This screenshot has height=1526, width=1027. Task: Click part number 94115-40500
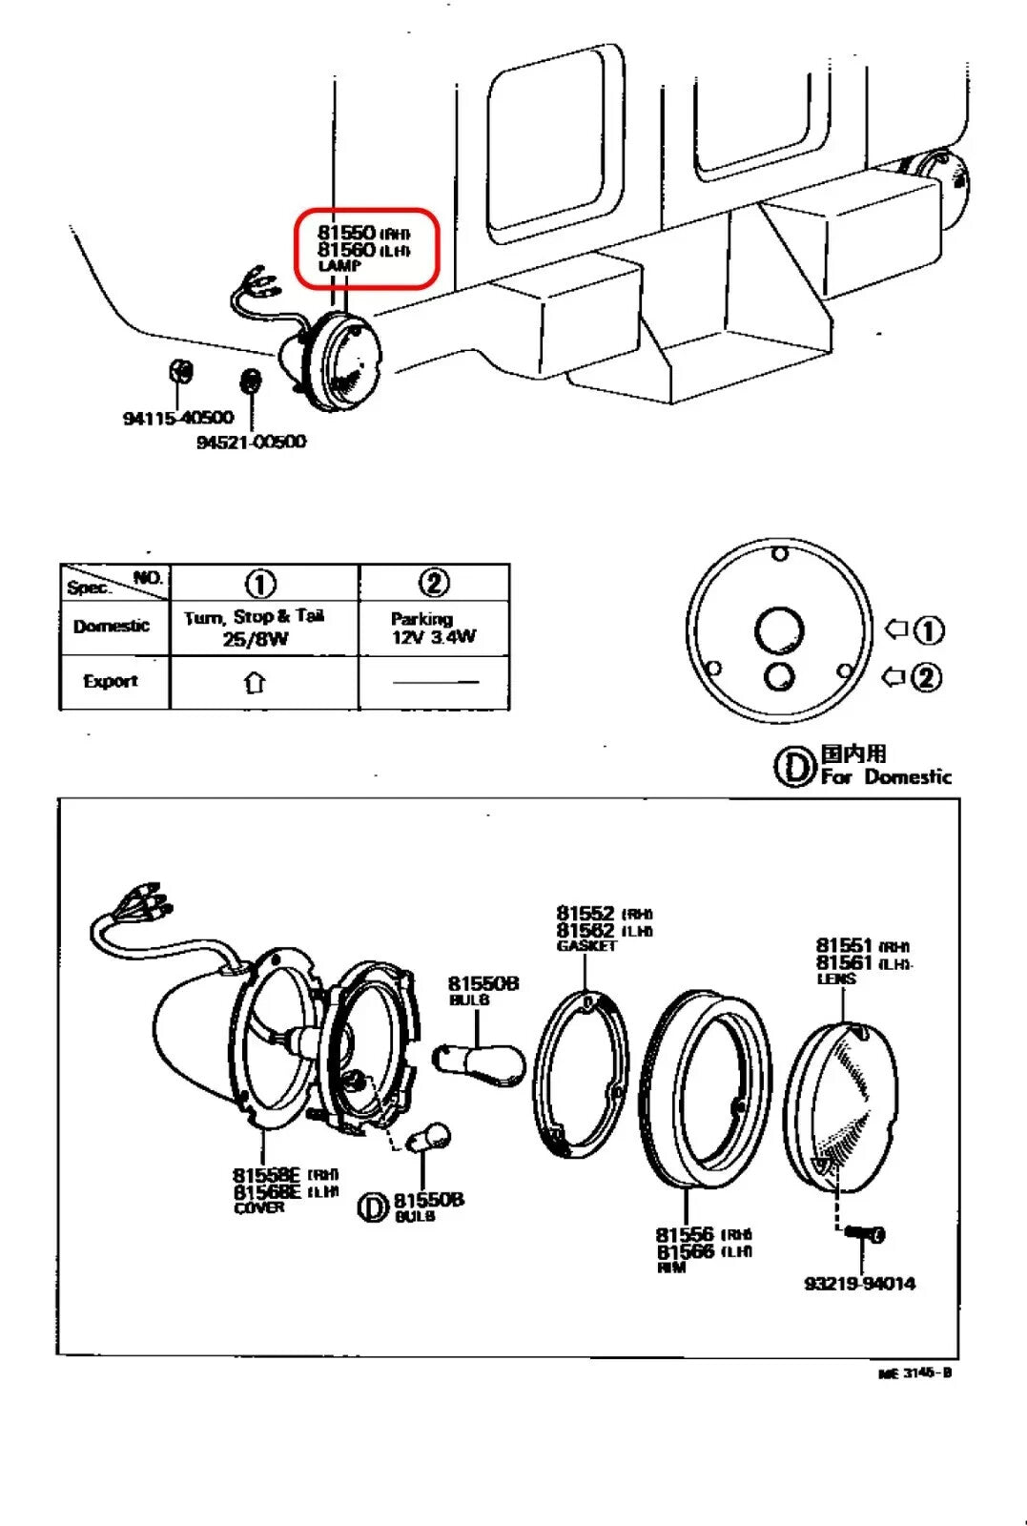[x=178, y=418]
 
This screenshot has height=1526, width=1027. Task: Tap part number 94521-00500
[x=251, y=442]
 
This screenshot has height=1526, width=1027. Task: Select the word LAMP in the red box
[x=339, y=266]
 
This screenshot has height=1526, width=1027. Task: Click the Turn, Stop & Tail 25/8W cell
[x=255, y=628]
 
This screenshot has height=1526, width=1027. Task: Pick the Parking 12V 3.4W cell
[x=433, y=628]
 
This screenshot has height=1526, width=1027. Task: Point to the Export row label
[x=111, y=681]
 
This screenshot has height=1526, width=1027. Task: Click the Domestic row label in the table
[x=112, y=626]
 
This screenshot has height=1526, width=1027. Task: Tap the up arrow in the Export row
[x=255, y=682]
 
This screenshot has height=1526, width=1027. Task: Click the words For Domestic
[x=886, y=776]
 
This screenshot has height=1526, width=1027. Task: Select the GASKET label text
[x=586, y=946]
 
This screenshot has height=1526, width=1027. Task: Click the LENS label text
[x=836, y=979]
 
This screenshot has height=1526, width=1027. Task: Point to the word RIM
[x=670, y=1268]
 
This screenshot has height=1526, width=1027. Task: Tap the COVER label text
[x=258, y=1207]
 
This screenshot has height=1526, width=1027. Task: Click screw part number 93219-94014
[x=859, y=1284]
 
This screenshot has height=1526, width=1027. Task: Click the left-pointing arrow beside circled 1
[x=896, y=629]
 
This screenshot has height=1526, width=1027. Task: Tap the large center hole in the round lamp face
[x=779, y=630]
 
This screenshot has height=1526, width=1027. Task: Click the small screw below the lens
[x=863, y=1235]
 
